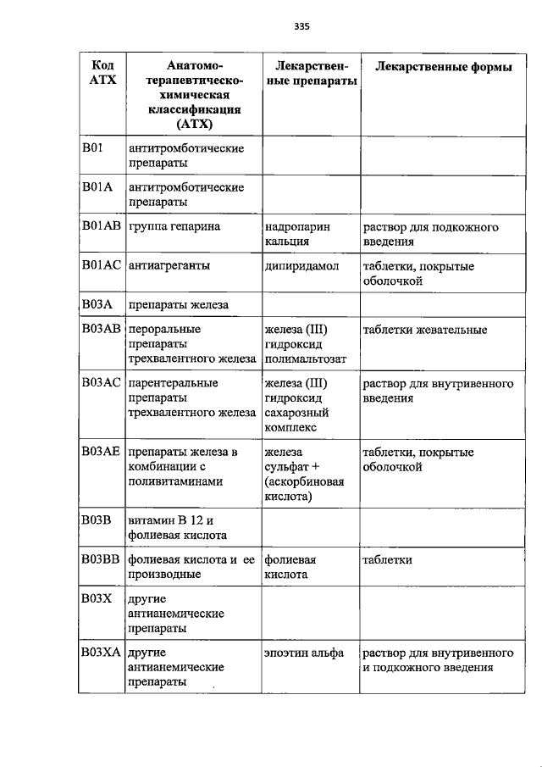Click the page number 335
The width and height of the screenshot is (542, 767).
click(x=302, y=26)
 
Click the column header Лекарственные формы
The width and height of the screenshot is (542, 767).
click(x=444, y=66)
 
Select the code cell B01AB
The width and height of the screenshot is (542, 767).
click(x=101, y=227)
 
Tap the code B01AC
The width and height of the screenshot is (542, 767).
click(x=102, y=266)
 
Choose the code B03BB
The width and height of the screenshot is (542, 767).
click(x=101, y=560)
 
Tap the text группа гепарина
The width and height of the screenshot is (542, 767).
click(x=174, y=227)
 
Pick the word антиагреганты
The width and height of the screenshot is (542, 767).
click(x=169, y=266)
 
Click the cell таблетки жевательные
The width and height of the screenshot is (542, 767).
click(x=424, y=330)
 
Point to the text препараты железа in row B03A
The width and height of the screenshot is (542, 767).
click(x=179, y=304)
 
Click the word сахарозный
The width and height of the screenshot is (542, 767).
click(x=296, y=413)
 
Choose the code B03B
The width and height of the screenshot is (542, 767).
click(x=97, y=520)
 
